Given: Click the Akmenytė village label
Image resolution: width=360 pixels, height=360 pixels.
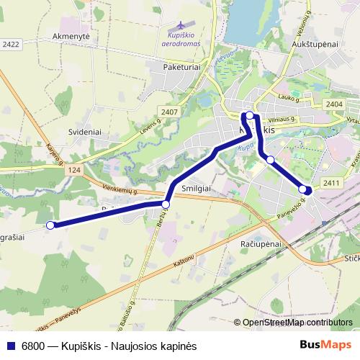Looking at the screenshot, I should pos(70,35).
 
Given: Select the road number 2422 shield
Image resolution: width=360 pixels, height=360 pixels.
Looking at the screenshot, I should pos(10,44).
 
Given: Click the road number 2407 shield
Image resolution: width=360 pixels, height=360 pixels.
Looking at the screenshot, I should pos(170,111).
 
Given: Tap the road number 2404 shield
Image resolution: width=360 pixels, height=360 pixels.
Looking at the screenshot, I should pos(333,105).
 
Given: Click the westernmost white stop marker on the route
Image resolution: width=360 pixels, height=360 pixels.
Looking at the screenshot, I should pos(50,225).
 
